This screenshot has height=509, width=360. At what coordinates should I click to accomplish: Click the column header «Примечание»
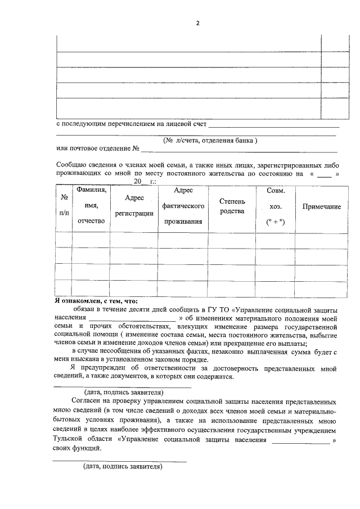[322, 207]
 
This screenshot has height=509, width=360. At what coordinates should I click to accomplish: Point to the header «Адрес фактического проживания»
[183, 206]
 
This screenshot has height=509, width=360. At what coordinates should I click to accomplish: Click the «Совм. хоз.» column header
[275, 206]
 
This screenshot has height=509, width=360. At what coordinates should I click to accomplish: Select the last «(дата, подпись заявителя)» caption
[122, 466]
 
